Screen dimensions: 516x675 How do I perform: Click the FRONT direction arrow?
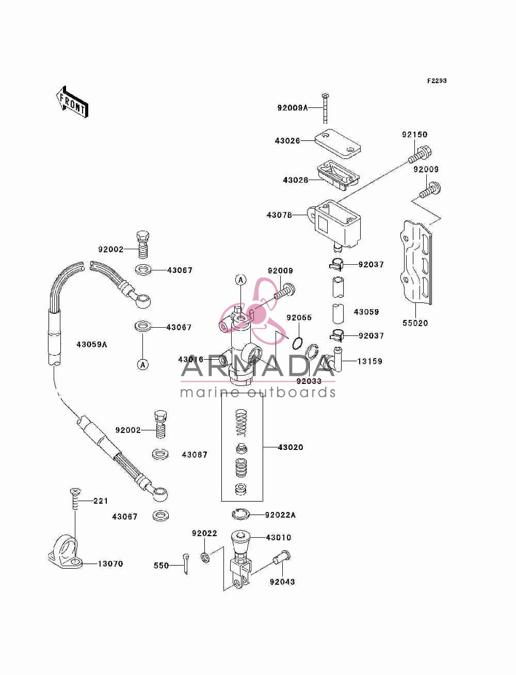(72, 102)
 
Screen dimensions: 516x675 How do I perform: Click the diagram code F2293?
(437, 81)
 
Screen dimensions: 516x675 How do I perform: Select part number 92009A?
(293, 108)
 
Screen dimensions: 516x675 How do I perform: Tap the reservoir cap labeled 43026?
(337, 143)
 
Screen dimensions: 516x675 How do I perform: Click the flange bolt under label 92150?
(420, 155)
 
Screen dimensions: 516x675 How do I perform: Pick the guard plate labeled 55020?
(416, 263)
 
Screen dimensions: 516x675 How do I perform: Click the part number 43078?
(279, 215)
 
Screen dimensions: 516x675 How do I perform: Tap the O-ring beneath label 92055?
(298, 343)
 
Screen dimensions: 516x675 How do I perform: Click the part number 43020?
(291, 447)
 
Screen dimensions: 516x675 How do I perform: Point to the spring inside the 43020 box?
(241, 423)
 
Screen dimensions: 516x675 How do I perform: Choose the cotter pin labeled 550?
(186, 564)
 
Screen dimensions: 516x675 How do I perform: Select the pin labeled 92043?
(281, 557)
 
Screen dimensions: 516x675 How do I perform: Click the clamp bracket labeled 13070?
(66, 552)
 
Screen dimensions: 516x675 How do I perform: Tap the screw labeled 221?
(75, 499)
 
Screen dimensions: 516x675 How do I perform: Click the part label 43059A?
(92, 344)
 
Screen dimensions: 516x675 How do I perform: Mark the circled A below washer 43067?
(143, 365)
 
